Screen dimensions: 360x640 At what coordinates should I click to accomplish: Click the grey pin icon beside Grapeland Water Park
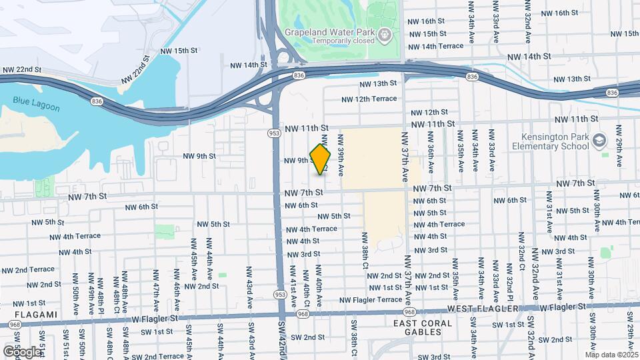coord(384,34)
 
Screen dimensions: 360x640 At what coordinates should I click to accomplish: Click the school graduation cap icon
coord(599,140)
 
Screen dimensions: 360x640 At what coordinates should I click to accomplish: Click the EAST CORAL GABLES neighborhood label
coord(423,327)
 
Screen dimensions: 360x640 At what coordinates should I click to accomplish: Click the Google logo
coord(22,351)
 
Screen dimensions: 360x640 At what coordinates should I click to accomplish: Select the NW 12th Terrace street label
coord(369,99)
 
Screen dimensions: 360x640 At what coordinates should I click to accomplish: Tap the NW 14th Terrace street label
coord(435,47)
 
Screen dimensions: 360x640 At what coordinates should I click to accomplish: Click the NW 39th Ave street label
coord(340,155)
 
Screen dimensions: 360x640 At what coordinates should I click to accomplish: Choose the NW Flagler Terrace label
coord(371,300)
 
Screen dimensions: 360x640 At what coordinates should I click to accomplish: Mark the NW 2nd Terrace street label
coord(28,269)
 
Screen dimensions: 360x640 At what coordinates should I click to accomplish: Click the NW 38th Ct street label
coord(365,248)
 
